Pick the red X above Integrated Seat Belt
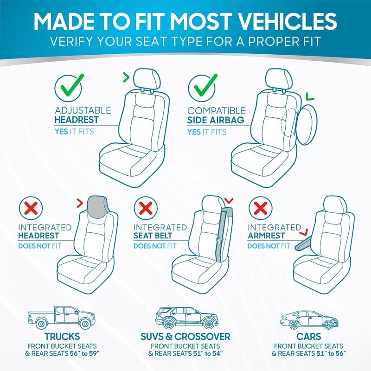[x=145, y=208]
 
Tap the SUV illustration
[x=185, y=317]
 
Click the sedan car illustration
[x=308, y=320]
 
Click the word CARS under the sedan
[x=308, y=336]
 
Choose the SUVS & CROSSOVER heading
[x=185, y=336]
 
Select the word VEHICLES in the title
[x=286, y=20]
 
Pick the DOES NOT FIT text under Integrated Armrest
[x=269, y=246]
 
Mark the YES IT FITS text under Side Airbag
[x=207, y=132]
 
